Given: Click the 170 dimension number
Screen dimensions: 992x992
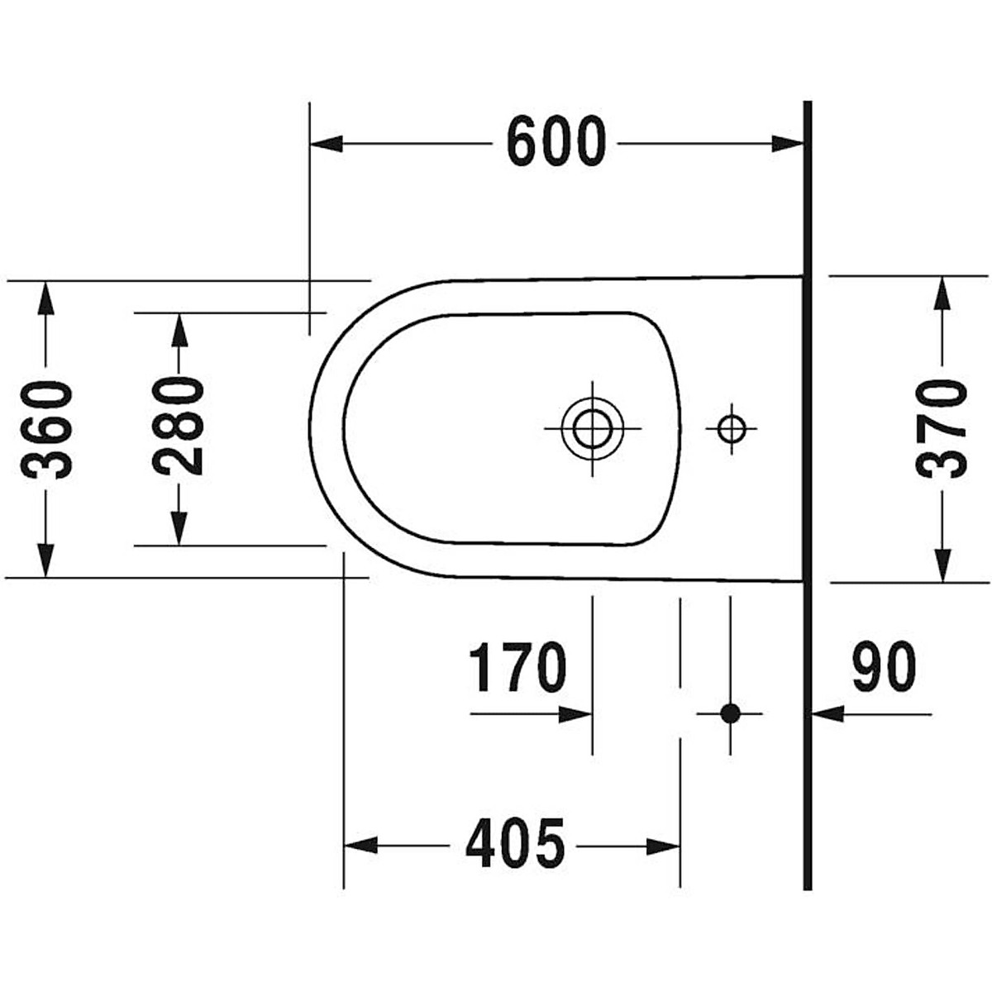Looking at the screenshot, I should (517, 668).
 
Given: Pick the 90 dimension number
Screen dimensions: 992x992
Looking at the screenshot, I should (884, 668).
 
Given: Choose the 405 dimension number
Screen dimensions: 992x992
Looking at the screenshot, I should (514, 845).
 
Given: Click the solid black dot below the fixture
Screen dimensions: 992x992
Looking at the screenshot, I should (730, 713).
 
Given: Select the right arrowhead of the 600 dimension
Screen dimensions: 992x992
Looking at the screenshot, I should (789, 144).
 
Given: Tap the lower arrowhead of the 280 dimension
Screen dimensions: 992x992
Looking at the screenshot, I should (179, 529).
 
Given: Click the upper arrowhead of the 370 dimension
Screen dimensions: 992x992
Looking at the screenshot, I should (941, 293).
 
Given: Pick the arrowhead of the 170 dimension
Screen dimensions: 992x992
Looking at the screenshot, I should (576, 713).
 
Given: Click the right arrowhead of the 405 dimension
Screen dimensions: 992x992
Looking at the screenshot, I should (665, 846).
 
